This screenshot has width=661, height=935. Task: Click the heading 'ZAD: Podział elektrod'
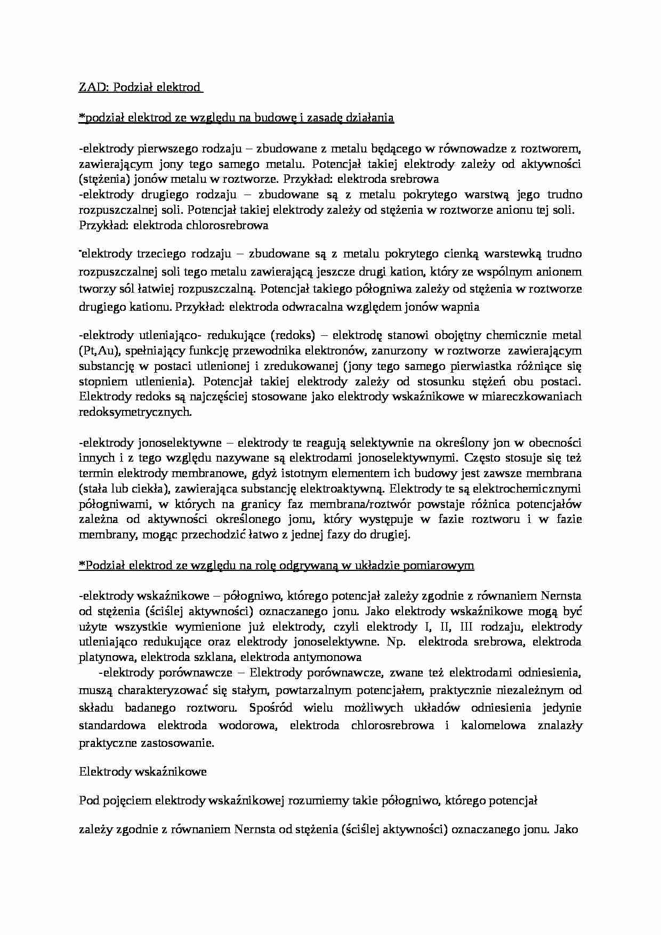(140, 87)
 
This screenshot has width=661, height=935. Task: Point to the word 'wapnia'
(463, 307)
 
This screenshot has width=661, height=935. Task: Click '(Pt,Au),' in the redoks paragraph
(96, 351)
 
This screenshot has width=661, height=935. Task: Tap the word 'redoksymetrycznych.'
(135, 412)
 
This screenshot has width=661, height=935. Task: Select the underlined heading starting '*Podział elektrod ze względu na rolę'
(276, 566)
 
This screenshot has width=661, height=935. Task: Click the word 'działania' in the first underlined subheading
(372, 118)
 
